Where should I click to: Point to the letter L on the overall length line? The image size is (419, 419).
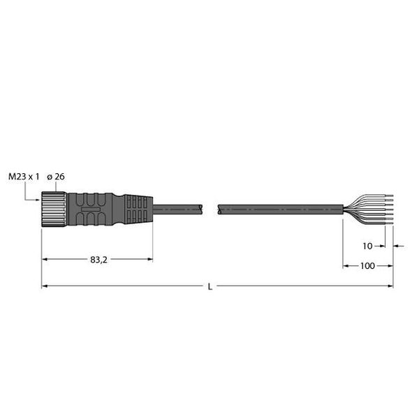[210, 286]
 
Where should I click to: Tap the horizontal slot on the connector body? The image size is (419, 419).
[90, 208]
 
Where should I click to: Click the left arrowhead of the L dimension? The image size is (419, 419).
[45, 286]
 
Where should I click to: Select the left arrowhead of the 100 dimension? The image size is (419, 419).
[346, 266]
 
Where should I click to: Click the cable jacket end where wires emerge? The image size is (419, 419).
[342, 208]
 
